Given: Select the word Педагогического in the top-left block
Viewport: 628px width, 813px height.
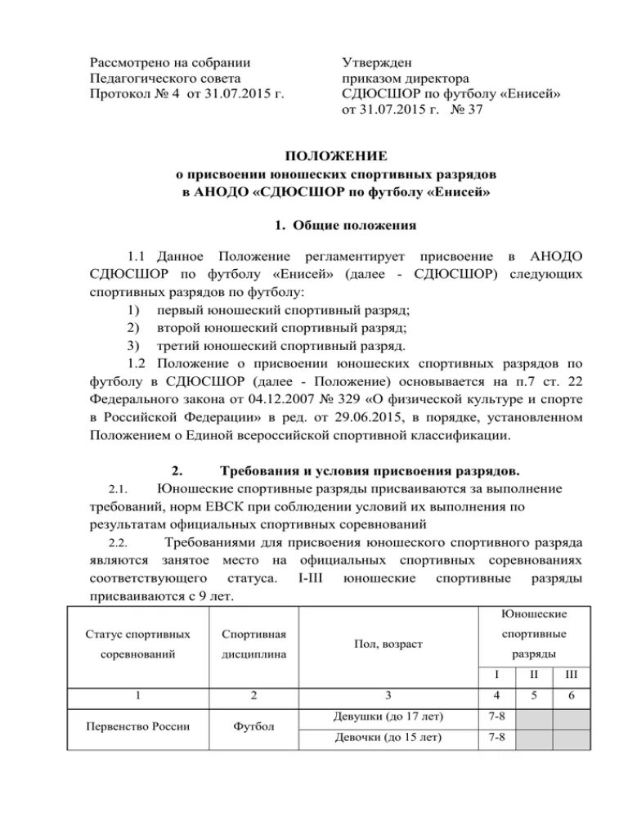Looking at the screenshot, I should (x=138, y=79).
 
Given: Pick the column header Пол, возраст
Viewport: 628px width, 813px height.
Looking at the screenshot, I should (x=388, y=645).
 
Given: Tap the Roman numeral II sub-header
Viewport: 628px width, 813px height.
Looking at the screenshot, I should (x=534, y=674).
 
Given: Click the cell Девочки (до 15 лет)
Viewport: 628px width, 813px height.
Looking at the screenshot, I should (x=388, y=737).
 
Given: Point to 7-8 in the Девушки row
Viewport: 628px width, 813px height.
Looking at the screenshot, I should (x=496, y=716).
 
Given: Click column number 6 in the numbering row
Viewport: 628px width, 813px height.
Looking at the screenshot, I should (x=571, y=696).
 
